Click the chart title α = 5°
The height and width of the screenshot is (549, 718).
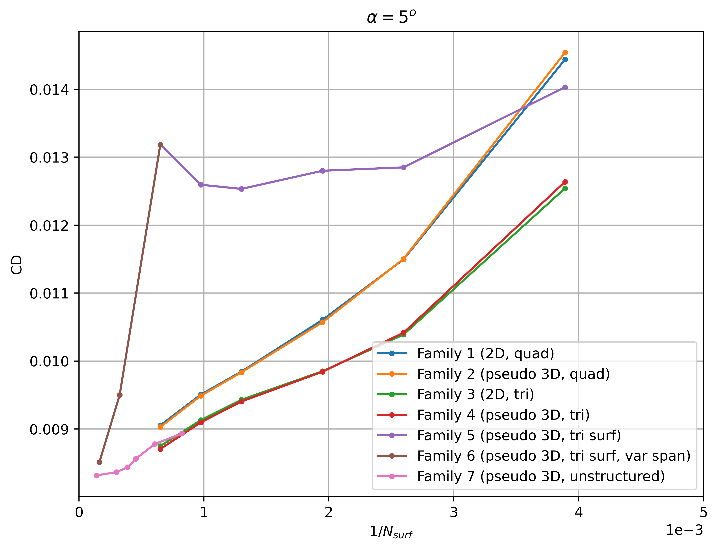(391, 17)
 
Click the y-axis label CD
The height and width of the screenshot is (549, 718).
(16, 264)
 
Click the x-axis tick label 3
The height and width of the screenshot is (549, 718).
(454, 512)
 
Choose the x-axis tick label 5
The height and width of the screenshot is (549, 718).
(703, 512)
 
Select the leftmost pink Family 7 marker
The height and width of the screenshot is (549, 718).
(97, 475)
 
